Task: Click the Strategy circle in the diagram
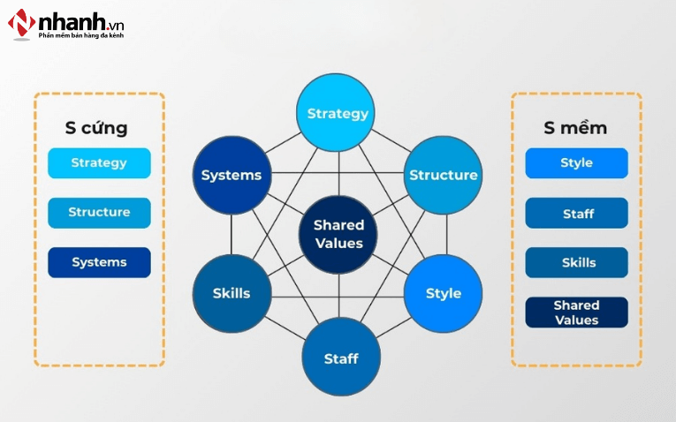338,113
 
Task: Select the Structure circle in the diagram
443,175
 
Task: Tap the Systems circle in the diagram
232,175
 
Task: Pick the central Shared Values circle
338,235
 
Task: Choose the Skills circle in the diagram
232,293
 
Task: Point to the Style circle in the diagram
443,293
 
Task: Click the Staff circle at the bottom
341,358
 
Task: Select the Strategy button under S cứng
99,163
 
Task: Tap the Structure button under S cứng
99,213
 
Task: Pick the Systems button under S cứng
99,262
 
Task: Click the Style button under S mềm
576,163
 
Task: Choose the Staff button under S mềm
576,213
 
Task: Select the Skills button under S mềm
576,262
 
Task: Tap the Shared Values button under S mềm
576,312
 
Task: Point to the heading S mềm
575,128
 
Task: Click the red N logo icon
21,23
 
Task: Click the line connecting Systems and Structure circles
336,172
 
